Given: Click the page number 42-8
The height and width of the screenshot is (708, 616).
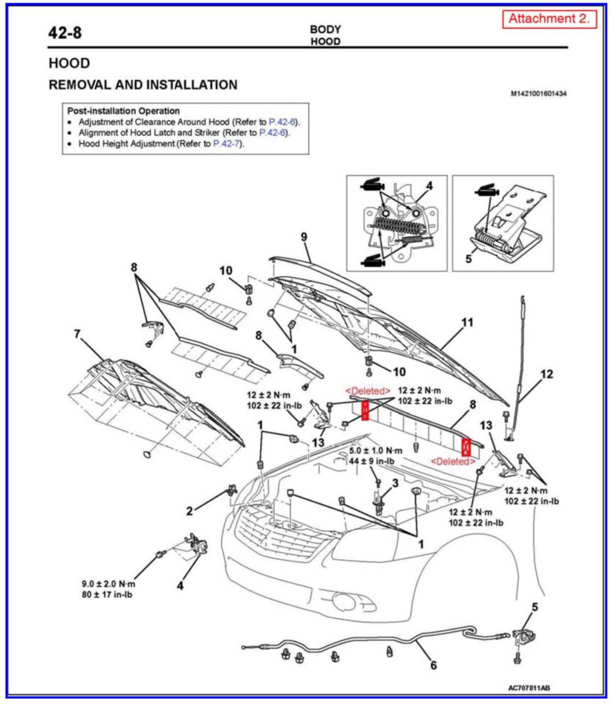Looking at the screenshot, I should [65, 33].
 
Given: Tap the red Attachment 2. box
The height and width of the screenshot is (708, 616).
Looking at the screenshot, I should [549, 19].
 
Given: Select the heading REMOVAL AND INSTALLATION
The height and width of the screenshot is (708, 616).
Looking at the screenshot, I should [143, 85].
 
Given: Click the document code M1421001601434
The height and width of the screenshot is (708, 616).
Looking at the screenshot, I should [538, 94].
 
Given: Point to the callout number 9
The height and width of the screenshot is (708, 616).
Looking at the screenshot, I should [304, 237].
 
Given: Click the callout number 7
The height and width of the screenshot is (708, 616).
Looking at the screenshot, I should [77, 334].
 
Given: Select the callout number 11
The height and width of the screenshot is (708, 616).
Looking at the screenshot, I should [467, 323].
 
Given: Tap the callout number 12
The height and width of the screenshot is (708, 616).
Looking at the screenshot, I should [546, 374].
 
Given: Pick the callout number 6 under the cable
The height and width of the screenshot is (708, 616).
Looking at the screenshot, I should [433, 665].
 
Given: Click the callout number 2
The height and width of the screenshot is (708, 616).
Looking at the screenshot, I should [189, 511].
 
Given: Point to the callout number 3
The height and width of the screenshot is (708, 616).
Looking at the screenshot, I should [396, 483].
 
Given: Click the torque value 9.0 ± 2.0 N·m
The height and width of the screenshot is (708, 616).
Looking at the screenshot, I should [108, 584].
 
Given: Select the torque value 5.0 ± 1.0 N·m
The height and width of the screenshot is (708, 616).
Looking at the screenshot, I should [375, 451].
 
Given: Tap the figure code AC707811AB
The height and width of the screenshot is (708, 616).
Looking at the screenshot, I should [529, 688].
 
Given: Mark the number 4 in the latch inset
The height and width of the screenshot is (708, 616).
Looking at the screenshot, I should [429, 186].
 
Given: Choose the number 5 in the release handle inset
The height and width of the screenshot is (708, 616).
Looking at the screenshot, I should [468, 259].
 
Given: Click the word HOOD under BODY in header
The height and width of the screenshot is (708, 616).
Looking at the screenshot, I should [325, 41].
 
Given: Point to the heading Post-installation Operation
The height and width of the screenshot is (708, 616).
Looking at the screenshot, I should [123, 111].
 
